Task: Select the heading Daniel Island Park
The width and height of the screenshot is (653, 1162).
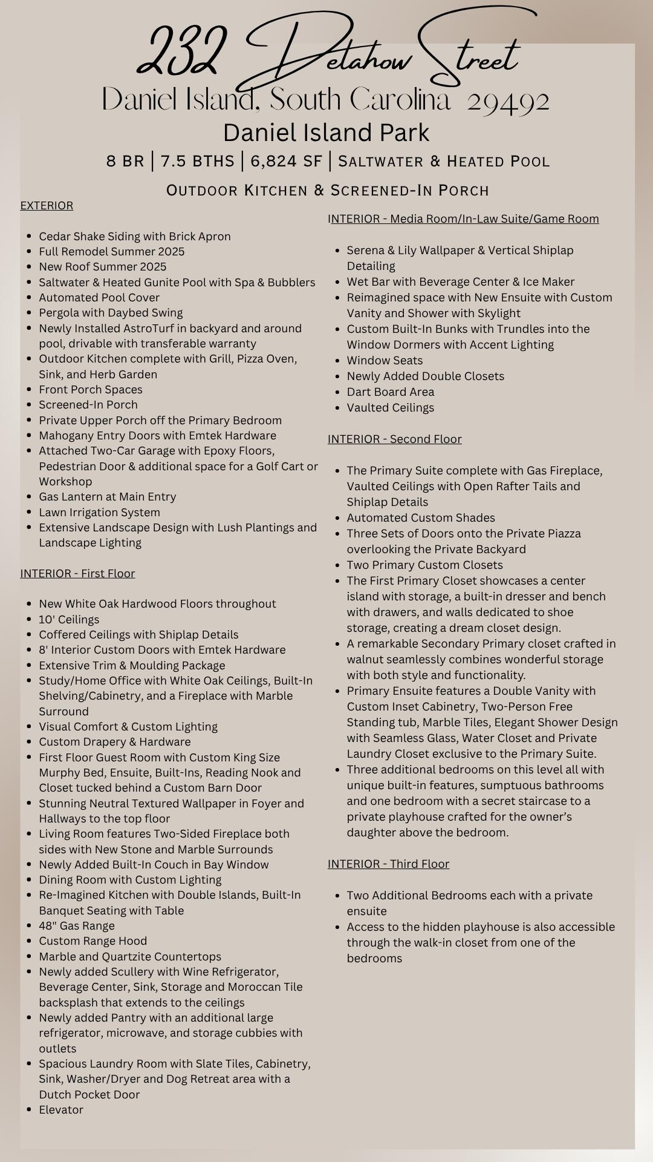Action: (326, 133)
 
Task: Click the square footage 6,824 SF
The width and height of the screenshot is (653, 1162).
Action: (286, 161)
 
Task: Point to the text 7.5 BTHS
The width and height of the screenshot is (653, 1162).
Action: (198, 161)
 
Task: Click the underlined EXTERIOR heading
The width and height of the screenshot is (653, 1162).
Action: (47, 206)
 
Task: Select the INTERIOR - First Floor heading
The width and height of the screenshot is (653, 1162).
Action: (77, 573)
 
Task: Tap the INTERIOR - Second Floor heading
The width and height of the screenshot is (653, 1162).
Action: (394, 439)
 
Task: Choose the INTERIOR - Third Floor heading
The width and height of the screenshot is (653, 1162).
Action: (388, 864)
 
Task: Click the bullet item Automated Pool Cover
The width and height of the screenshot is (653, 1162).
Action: (99, 298)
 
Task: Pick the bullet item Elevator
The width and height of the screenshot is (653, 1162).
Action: (61, 1109)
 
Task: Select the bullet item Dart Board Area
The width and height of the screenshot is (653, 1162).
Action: (390, 392)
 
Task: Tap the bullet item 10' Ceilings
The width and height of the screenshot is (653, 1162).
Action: (69, 619)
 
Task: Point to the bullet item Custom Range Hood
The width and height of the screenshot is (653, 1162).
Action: (93, 940)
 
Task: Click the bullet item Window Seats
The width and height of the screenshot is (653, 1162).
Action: (385, 360)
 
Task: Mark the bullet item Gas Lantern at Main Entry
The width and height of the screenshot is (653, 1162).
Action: (108, 496)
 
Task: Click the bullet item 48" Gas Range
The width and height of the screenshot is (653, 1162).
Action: (77, 925)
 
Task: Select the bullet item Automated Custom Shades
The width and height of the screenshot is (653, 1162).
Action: (421, 517)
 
